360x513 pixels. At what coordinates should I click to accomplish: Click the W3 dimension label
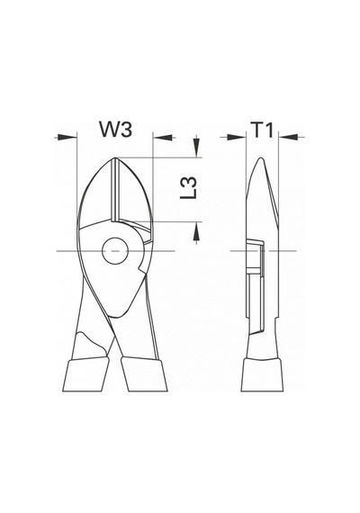(116, 130)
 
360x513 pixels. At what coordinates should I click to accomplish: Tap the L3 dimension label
(189, 188)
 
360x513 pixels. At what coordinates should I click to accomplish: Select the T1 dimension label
(262, 130)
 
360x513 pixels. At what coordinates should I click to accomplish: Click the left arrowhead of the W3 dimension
(67, 138)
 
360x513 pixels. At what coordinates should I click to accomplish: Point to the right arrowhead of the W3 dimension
(163, 138)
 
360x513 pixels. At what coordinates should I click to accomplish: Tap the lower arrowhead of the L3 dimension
(196, 231)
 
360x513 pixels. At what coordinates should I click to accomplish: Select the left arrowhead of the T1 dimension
(236, 138)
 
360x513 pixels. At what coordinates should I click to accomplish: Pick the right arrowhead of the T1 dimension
(288, 138)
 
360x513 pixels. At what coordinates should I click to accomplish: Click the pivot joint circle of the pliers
(115, 251)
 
